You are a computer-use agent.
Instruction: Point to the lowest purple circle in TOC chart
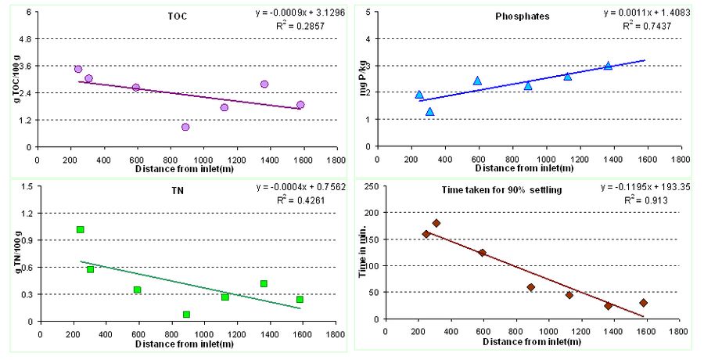click(185, 127)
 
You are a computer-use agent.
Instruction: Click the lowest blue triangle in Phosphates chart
click(429, 112)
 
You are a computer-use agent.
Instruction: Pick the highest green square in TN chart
click(80, 229)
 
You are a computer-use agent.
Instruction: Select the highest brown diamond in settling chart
click(436, 223)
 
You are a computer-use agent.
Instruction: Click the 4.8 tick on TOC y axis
click(23, 39)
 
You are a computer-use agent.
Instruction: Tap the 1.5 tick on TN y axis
click(25, 186)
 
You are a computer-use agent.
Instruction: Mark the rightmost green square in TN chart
click(300, 300)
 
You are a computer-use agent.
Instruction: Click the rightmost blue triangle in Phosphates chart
click(608, 66)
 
